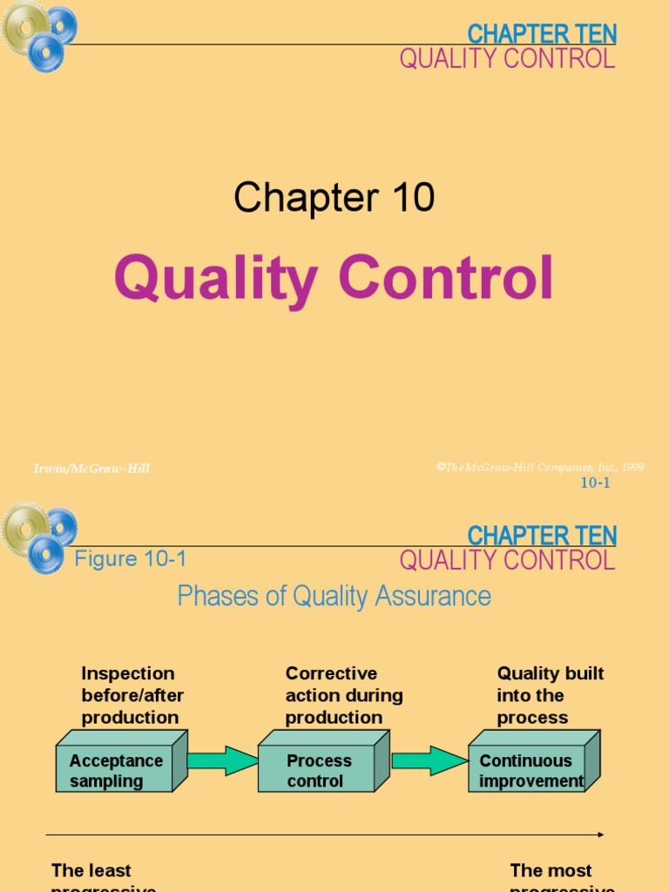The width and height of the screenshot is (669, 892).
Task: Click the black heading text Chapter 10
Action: [x=334, y=198]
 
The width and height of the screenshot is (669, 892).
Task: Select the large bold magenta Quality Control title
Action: [x=334, y=279]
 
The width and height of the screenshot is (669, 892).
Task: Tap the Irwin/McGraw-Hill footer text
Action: [x=91, y=469]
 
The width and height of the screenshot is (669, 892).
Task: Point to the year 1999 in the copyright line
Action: [x=633, y=467]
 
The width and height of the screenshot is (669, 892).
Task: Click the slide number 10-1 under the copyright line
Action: [x=595, y=483]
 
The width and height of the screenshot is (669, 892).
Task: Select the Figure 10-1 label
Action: [x=131, y=559]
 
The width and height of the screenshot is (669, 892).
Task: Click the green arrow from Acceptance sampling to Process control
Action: [x=222, y=760]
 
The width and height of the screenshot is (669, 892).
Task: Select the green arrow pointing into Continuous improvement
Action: [x=429, y=760]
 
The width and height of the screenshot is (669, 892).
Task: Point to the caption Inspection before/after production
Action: [x=130, y=695]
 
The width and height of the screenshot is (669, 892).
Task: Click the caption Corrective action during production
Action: [x=344, y=695]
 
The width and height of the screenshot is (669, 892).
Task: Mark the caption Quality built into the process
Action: [x=550, y=695]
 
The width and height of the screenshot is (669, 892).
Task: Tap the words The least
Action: [x=91, y=870]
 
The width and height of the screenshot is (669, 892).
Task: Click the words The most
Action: [x=551, y=870]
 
